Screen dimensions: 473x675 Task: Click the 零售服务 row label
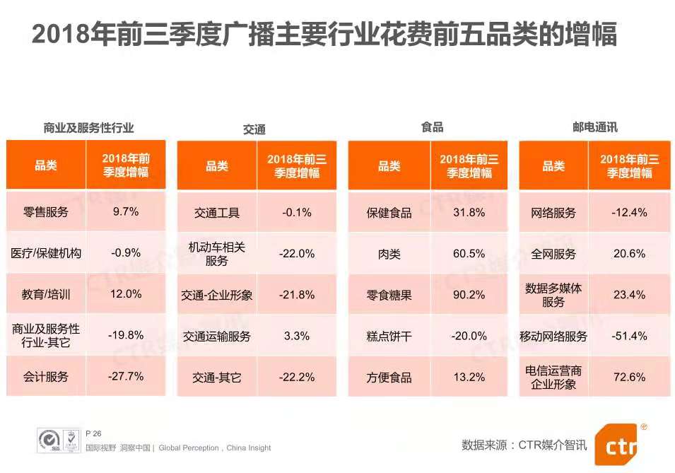[x=46, y=211]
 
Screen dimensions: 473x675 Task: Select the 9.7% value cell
[x=126, y=211]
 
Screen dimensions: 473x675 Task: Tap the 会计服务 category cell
[x=46, y=377]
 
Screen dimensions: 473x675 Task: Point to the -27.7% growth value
[x=126, y=377]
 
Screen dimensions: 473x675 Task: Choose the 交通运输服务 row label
[x=216, y=337]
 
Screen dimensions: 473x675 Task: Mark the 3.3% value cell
[x=297, y=337]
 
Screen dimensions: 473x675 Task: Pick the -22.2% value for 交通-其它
[x=297, y=378]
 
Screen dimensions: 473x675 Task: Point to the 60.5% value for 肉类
[x=469, y=254]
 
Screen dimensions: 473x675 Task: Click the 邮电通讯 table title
[x=595, y=127]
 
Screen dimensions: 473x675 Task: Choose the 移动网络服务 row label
[x=553, y=337]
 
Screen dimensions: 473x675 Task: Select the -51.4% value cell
[x=630, y=337]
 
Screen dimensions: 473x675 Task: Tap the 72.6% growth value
[x=630, y=378]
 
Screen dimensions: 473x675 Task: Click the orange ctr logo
[x=621, y=443]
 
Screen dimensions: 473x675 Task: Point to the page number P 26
[x=94, y=433]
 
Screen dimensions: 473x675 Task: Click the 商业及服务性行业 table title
[x=88, y=128]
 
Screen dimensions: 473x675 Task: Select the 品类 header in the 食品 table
[x=389, y=166]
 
